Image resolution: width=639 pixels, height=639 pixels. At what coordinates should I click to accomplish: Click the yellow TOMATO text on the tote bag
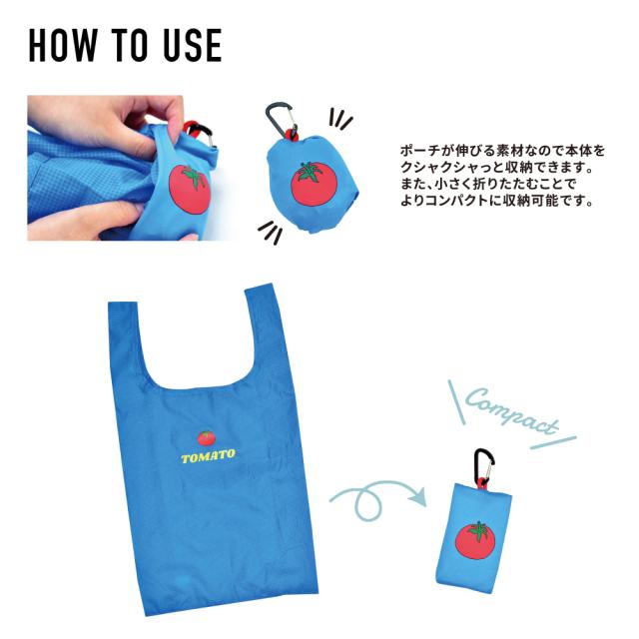point(208,456)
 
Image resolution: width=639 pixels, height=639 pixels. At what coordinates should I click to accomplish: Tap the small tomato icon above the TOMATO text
point(206,437)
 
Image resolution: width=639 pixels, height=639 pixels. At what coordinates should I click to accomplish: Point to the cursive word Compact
point(510,411)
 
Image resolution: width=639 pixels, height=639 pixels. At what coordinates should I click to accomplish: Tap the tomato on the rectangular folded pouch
point(477,540)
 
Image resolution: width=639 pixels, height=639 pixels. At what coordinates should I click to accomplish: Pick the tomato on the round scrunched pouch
point(310,182)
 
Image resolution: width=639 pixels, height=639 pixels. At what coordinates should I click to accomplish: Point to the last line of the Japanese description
point(495,200)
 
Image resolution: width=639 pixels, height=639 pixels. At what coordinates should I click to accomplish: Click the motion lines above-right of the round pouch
point(341,121)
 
